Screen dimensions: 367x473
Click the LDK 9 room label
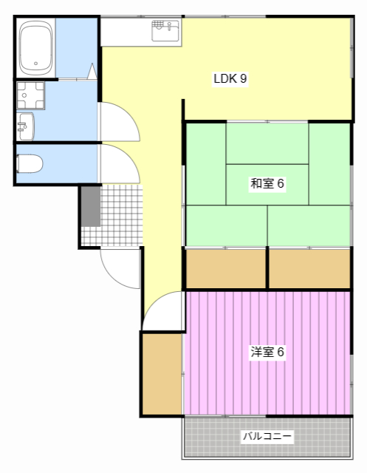coord(230,79)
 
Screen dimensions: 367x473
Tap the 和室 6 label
coord(267,183)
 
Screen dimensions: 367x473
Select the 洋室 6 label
coord(267,352)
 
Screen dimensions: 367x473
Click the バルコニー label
coord(267,436)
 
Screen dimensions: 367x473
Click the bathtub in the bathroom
coord(36,48)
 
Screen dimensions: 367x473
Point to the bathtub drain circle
coord(36,64)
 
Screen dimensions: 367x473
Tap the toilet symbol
coord(30,164)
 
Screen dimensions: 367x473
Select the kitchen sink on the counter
coord(165,30)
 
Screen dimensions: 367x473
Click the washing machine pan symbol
coord(30,95)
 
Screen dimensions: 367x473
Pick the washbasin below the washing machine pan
coord(26,126)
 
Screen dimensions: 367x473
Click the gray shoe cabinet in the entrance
coord(91,206)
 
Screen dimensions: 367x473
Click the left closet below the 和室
coord(226,269)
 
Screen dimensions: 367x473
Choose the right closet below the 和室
coord(309,269)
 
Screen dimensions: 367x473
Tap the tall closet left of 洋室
coord(162,374)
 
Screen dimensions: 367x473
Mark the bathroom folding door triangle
coord(92,72)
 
